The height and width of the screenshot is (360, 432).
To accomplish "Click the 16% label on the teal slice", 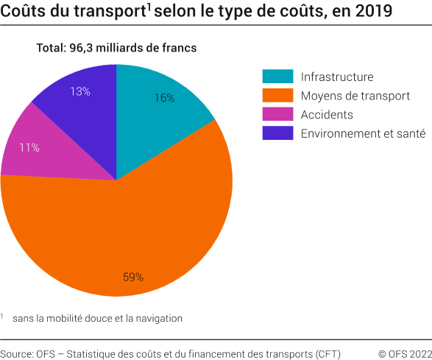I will [x=164, y=98].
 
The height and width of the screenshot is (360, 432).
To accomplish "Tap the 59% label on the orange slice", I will [x=133, y=278].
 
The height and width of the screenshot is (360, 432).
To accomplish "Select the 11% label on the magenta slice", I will [x=29, y=147].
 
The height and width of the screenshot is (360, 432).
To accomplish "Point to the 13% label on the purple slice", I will [x=80, y=91].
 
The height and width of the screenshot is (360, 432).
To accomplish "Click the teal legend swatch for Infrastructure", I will [x=277, y=77].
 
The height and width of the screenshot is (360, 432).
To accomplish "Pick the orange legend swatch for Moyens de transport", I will [x=277, y=96].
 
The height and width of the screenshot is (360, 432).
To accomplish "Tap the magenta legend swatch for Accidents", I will [x=277, y=114].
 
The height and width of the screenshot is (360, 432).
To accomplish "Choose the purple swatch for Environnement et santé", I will [x=277, y=133].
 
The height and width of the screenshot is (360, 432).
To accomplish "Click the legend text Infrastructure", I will [x=337, y=77].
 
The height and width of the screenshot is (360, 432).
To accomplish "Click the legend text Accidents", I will [x=327, y=115].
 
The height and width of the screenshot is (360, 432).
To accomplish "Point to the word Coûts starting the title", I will [x=22, y=12].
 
